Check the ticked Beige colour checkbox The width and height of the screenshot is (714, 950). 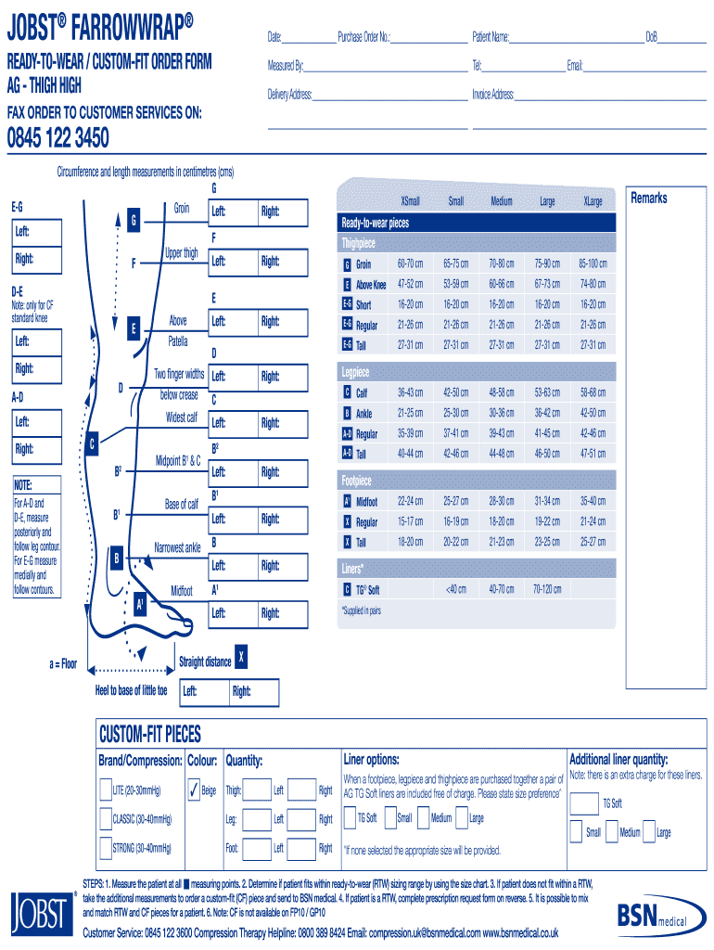tap(194, 790)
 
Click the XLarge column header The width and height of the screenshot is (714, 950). tap(593, 201)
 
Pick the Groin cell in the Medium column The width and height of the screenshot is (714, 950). tap(502, 264)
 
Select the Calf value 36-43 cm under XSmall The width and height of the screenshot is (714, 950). tap(410, 392)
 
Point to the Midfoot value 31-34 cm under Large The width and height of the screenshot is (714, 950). tap(548, 502)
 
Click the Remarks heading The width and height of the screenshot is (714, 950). tap(649, 199)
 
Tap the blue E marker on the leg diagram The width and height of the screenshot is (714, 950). tap(134, 329)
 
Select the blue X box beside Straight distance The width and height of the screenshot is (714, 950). tap(241, 658)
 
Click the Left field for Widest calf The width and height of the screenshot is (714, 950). tap(232, 423)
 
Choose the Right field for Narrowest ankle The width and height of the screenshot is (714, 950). tap(282, 565)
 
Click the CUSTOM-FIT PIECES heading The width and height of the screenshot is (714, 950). tap(150, 736)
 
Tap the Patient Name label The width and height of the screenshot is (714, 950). tap(491, 37)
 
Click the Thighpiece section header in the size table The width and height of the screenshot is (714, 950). tap(359, 244)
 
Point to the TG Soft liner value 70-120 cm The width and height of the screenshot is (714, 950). tap(548, 589)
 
